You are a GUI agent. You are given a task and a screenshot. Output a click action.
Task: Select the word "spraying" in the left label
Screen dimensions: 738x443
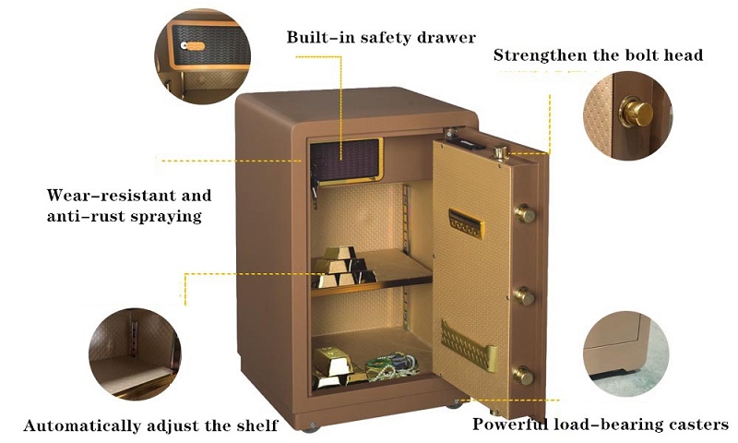point(166,217)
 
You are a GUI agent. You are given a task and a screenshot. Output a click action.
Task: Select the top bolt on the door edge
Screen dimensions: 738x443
point(524,214)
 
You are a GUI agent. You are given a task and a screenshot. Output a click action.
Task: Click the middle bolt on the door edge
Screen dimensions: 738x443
point(523,296)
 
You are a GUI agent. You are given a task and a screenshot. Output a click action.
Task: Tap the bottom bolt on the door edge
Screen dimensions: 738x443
point(522,375)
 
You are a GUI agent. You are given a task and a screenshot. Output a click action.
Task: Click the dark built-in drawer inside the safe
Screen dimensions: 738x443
point(347,161)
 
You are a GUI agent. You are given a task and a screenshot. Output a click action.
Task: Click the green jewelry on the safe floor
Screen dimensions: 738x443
point(391,367)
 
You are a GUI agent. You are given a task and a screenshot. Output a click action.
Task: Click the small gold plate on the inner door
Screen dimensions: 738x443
point(466,223)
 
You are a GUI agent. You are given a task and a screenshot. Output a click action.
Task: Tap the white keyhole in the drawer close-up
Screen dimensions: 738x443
point(184,45)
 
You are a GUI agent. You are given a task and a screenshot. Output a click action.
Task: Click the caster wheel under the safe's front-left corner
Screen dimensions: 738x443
point(311,428)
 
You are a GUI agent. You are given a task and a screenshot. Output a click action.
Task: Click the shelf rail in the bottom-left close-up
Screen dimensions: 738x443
point(134,338)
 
